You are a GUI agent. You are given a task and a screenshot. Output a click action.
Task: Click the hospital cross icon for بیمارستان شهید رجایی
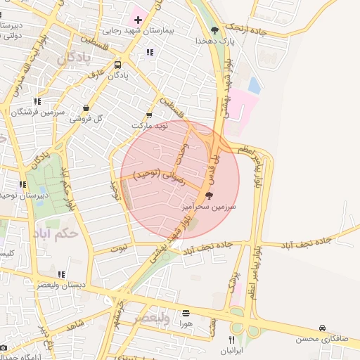(x=137, y=20)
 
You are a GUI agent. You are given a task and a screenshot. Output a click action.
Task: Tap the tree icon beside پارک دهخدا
(x=214, y=30)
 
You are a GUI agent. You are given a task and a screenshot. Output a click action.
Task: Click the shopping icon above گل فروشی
(x=86, y=108)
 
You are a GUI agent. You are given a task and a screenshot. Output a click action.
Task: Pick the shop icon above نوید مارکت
(x=148, y=115)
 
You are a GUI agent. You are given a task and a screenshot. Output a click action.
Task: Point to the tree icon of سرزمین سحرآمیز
(x=207, y=195)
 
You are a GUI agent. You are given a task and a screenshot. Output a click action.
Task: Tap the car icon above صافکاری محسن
(x=322, y=328)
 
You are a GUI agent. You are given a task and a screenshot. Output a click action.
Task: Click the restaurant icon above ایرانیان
(x=232, y=339)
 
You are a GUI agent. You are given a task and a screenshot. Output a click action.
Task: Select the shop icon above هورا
(x=186, y=314)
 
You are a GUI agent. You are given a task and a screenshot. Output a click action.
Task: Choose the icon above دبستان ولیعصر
(x=61, y=274)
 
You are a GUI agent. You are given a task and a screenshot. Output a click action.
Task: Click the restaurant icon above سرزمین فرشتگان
(x=37, y=101)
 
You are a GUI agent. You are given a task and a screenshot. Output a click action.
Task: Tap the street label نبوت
(x=120, y=247)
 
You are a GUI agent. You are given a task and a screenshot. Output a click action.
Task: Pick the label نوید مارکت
(x=151, y=125)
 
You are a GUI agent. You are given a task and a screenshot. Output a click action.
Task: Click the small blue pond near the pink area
(x=254, y=86)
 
